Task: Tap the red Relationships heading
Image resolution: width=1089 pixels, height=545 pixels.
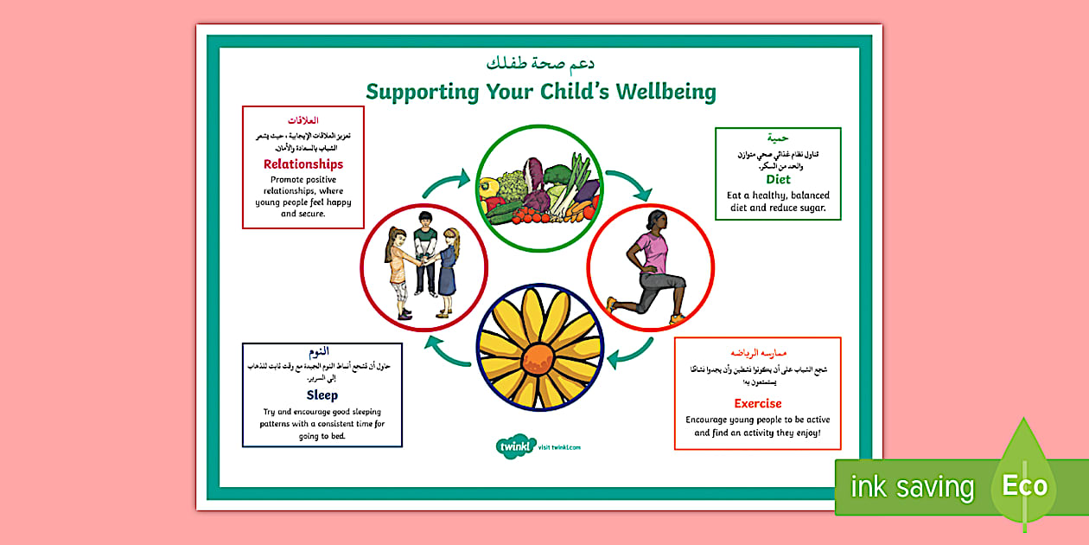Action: click(303, 164)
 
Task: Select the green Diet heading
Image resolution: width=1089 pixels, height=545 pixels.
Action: click(778, 179)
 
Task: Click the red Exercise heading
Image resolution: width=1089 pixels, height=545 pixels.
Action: click(758, 403)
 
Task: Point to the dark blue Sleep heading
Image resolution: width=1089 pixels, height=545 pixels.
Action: click(322, 395)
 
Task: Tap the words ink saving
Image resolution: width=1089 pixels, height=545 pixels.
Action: click(912, 487)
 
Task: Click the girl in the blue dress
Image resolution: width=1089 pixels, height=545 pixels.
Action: click(449, 272)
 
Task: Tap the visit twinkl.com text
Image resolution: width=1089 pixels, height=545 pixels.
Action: click(559, 447)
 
